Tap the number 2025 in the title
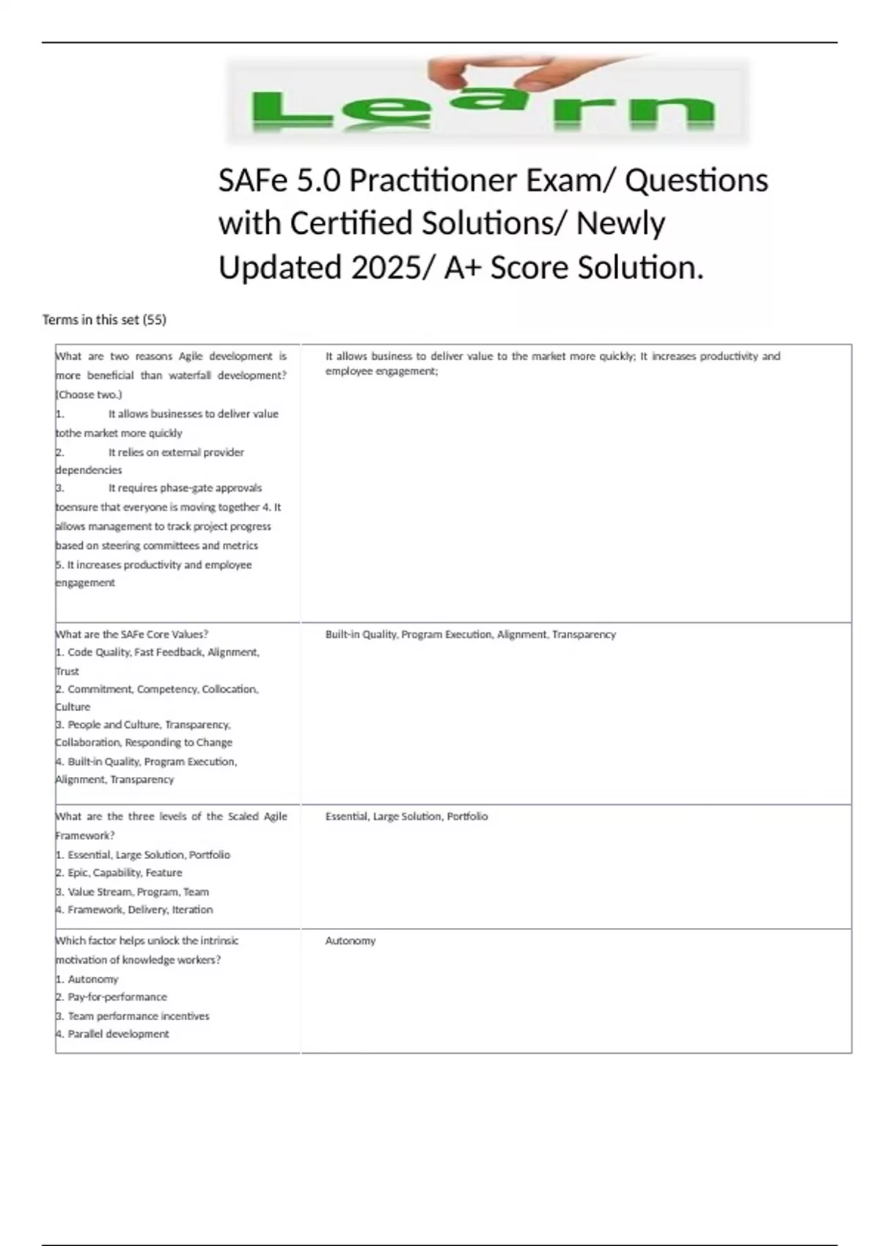(x=386, y=268)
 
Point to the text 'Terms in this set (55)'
(x=104, y=320)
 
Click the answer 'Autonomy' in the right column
(x=351, y=940)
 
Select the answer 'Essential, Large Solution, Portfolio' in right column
(x=406, y=816)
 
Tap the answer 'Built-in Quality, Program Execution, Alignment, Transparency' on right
(x=470, y=635)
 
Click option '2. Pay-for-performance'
(x=111, y=997)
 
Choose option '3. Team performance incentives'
(x=133, y=1016)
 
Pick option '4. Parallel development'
(x=113, y=1034)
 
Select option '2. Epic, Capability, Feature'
(x=120, y=873)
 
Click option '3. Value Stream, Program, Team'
(x=133, y=892)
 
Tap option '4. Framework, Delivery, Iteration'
(x=135, y=910)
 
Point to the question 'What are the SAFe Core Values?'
(x=132, y=635)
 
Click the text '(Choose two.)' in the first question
(x=89, y=394)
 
